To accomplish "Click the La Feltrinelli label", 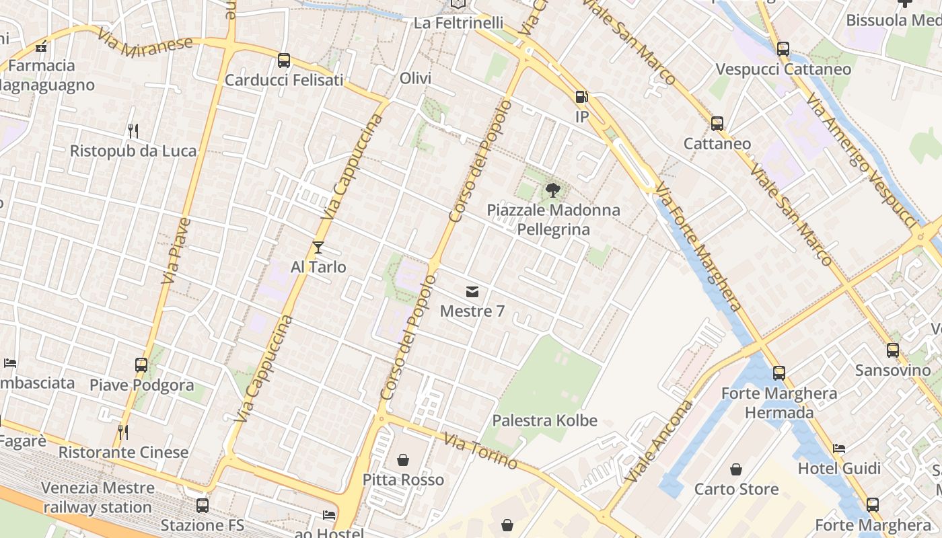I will [x=458, y=23].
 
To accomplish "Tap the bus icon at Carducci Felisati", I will [x=284, y=61].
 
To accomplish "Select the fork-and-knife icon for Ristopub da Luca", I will [x=133, y=130].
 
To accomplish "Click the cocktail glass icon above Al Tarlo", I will [x=318, y=247].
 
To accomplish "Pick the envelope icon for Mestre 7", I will [x=472, y=292].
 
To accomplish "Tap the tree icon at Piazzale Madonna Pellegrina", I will [x=553, y=190].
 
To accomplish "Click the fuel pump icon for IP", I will [x=582, y=97].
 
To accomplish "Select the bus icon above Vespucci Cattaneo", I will [x=783, y=48].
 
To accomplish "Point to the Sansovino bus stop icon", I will [x=893, y=350].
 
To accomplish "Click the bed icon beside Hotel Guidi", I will [x=839, y=449].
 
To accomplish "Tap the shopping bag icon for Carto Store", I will [x=736, y=469].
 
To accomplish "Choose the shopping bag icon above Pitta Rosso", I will [x=403, y=460].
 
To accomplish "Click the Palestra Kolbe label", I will [x=544, y=421].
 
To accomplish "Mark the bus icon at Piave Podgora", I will [x=141, y=365].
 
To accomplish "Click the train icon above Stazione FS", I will [x=202, y=506].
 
